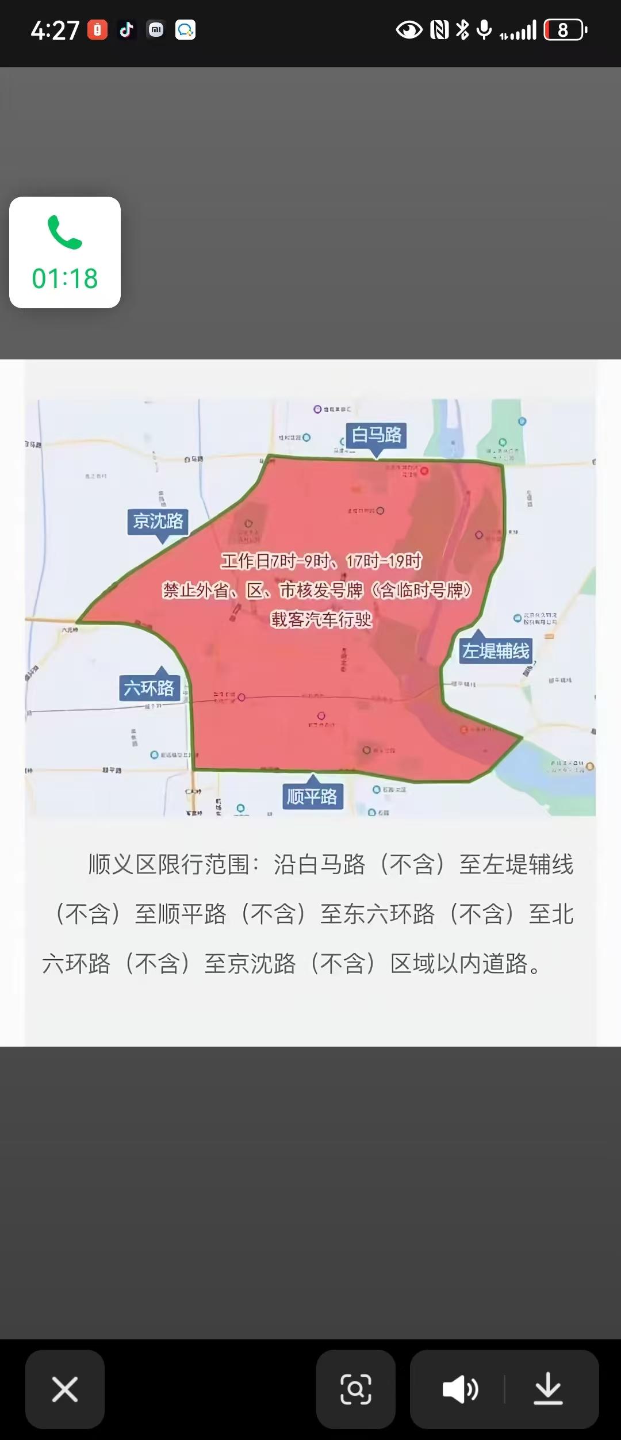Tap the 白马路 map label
pyautogui.click(x=377, y=435)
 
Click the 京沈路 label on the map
pyautogui.click(x=158, y=521)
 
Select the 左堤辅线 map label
pyautogui.click(x=496, y=651)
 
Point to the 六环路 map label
pyautogui.click(x=149, y=688)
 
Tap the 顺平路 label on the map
pyautogui.click(x=312, y=796)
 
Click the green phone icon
pyautogui.click(x=65, y=233)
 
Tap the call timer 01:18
pyautogui.click(x=65, y=279)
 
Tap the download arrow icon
pyautogui.click(x=548, y=1389)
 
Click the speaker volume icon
pyautogui.click(x=460, y=1389)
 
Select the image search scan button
pyautogui.click(x=356, y=1389)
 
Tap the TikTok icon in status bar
pyautogui.click(x=126, y=30)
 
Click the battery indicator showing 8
pyautogui.click(x=565, y=30)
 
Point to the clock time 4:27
pyautogui.click(x=55, y=30)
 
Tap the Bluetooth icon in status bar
pyautogui.click(x=462, y=30)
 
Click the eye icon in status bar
pyautogui.click(x=409, y=30)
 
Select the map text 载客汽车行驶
pyautogui.click(x=321, y=619)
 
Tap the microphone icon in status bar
pyautogui.click(x=485, y=30)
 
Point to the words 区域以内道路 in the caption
pyautogui.click(x=459, y=964)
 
